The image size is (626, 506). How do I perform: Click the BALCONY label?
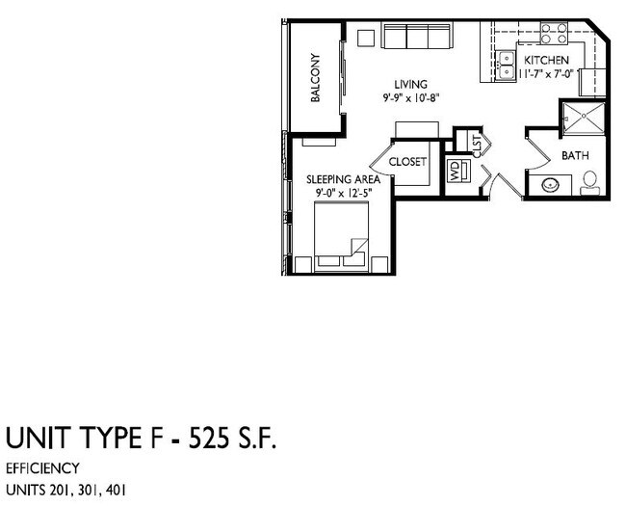[315, 78]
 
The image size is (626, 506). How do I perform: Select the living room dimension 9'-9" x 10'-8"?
[411, 98]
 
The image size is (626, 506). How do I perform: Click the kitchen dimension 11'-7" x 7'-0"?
[547, 73]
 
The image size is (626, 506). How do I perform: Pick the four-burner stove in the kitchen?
[553, 35]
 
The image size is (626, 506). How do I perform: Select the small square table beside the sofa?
[365, 38]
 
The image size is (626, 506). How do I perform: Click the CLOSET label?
[407, 162]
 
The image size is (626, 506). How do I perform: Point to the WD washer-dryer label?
[455, 172]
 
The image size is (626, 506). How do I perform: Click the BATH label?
[575, 154]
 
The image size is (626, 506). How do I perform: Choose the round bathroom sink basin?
[551, 184]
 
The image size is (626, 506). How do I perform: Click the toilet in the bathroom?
[591, 181]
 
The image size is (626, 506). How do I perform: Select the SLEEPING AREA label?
[344, 180]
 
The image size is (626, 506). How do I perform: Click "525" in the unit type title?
[197, 439]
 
